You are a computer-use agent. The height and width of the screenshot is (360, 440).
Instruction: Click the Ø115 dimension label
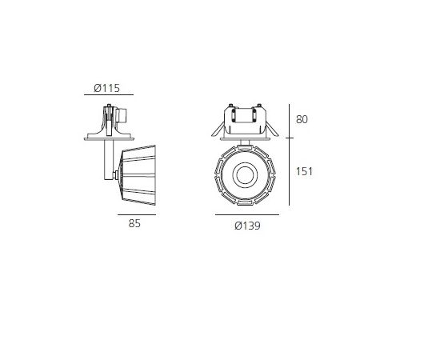click(106, 88)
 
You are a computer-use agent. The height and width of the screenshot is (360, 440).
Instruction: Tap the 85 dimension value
click(134, 223)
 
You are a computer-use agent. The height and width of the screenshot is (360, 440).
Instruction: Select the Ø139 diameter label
click(247, 226)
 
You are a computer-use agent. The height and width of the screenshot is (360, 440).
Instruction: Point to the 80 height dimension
click(302, 119)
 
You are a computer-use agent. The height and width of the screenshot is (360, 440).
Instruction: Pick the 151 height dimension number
click(304, 171)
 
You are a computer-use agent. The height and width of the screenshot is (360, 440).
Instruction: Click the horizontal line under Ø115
click(109, 95)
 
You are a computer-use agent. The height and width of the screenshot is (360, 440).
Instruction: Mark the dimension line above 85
click(137, 215)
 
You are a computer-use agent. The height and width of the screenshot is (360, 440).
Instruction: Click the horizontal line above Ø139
click(247, 215)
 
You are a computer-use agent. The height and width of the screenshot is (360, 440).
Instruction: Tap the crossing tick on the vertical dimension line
click(290, 138)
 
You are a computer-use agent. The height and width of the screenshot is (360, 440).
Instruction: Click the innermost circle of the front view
click(245, 175)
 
